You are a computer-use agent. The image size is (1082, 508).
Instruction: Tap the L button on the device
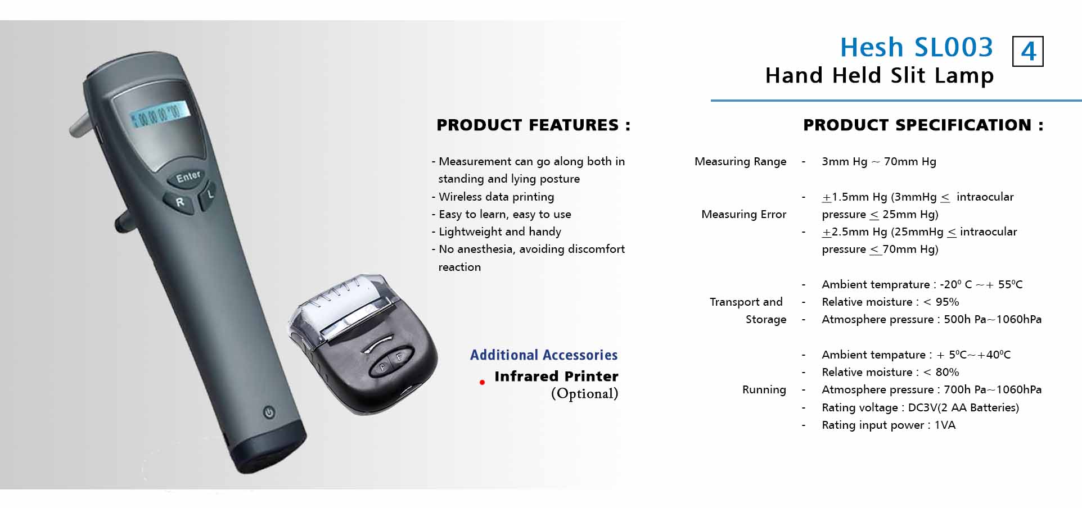coord(209,195)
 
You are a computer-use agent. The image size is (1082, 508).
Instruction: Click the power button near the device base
coord(269,412)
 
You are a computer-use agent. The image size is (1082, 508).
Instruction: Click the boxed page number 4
coord(1027,52)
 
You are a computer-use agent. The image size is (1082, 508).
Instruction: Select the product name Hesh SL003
coord(917,47)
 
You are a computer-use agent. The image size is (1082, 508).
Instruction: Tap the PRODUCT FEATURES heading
coord(533,125)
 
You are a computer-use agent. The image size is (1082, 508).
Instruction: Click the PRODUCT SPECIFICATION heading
coord(923,125)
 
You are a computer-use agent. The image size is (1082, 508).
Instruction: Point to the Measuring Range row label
coord(740,162)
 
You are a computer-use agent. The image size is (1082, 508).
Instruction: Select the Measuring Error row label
coord(743,214)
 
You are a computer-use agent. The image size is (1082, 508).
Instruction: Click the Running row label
coord(764,389)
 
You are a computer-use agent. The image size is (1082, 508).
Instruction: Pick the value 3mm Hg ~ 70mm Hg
coord(879,162)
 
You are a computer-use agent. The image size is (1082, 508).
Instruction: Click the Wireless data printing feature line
coord(493,197)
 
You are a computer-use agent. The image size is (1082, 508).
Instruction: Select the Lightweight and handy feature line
coord(496,232)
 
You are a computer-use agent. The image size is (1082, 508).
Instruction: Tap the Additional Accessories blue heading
coord(544,355)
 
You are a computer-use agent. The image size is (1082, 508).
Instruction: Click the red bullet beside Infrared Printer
coord(482,382)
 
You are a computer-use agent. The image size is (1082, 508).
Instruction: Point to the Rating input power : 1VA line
coord(889,425)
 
